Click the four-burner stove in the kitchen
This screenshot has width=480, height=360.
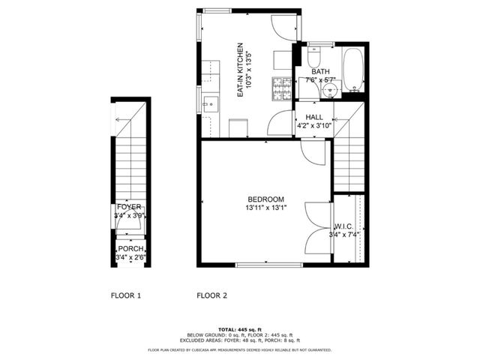point(283,89)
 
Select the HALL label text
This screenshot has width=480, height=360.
point(313,118)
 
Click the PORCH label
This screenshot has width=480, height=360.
point(130,250)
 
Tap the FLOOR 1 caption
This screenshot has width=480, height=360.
point(126,295)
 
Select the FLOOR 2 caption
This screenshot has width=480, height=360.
point(211,295)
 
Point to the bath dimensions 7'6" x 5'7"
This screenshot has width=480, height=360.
point(321,79)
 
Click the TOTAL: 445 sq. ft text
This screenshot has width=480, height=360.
point(239,329)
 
